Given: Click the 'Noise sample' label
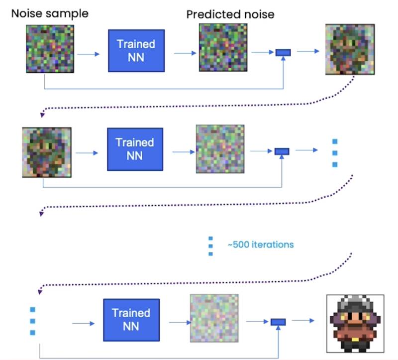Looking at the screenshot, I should [49, 13].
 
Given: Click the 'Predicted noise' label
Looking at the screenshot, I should [230, 14].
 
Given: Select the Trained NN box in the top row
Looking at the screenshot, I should [136, 50].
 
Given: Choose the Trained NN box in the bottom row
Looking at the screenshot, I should [131, 319].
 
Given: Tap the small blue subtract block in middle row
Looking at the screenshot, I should [282, 151].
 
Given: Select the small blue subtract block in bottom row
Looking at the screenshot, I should [278, 322].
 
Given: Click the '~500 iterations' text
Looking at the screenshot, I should [260, 244].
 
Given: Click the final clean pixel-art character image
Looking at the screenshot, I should [355, 323].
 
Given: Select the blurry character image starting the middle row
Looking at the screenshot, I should [46, 151].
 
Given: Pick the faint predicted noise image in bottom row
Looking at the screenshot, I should [214, 318].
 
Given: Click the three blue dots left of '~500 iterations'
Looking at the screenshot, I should [210, 245].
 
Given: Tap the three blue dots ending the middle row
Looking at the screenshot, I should [334, 153].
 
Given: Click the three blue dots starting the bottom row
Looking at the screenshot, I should [32, 321].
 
